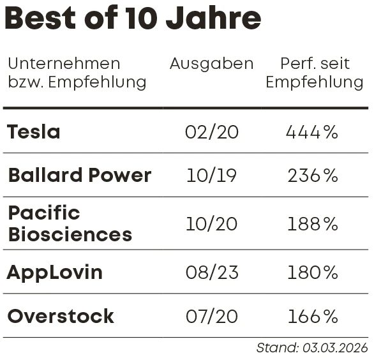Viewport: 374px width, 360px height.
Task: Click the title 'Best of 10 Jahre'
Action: coord(133,18)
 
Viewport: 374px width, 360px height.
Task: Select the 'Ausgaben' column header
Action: coord(211,64)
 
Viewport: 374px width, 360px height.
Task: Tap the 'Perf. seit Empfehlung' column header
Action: coord(314,73)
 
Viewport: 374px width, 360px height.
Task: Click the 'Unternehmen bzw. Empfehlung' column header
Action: coord(77,73)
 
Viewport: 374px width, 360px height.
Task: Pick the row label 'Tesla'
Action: coord(33,132)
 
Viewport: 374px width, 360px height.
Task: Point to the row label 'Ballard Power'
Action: coord(79,176)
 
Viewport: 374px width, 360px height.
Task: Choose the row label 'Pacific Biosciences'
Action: coord(69,223)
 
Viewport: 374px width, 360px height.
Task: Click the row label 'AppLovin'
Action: coord(54,273)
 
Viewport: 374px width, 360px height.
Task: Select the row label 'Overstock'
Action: coord(60,317)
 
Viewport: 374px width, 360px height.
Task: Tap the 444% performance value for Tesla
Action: coord(311,132)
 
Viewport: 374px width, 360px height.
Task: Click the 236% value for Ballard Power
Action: coord(312,176)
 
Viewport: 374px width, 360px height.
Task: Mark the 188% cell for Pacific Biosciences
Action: coord(312,224)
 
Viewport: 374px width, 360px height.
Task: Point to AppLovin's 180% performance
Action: coord(312,273)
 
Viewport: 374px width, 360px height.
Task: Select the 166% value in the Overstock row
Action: coord(312,317)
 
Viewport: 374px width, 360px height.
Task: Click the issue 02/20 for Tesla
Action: coord(211,132)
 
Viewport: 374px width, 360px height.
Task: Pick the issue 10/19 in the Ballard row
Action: coord(211,176)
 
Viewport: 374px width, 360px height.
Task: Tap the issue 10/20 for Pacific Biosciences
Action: coord(211,224)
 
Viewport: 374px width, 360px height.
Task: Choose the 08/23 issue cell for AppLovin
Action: coord(211,273)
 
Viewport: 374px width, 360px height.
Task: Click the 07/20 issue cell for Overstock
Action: coord(211,317)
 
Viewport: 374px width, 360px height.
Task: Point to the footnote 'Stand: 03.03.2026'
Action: coord(311,348)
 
